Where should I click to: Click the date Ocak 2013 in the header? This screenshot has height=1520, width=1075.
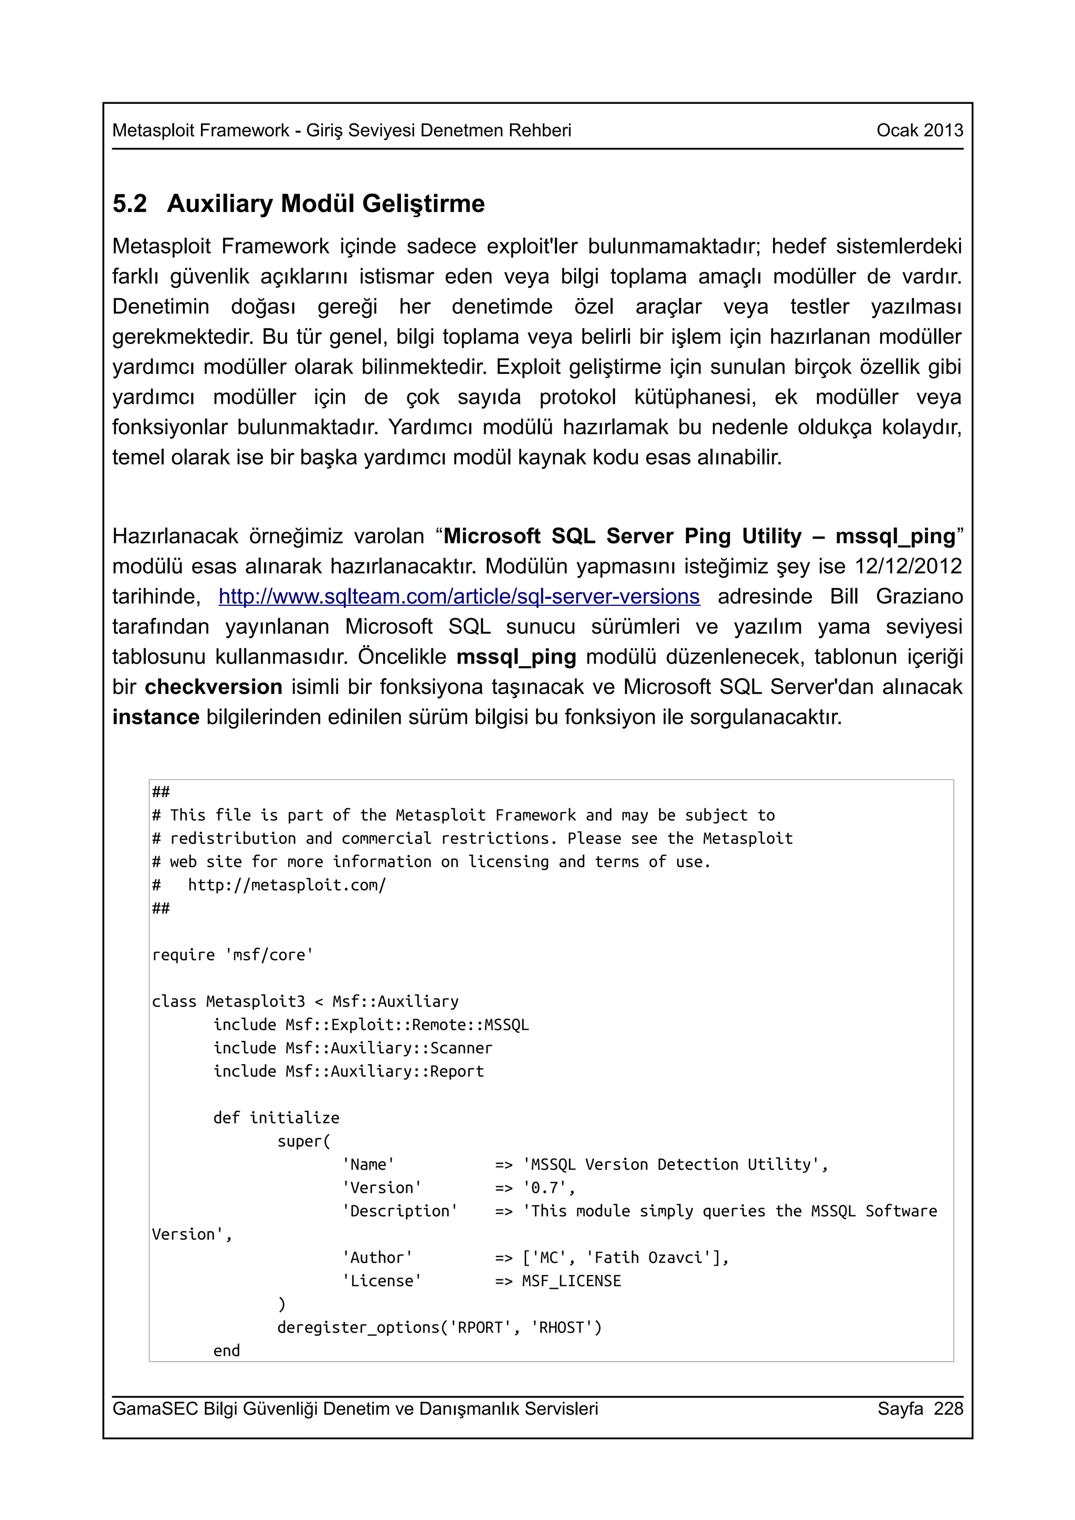(919, 131)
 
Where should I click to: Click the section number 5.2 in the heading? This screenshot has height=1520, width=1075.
(130, 203)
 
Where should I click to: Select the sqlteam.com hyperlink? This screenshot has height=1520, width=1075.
(459, 596)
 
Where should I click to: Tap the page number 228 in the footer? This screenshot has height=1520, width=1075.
(948, 1408)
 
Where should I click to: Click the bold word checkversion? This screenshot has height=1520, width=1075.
(213, 687)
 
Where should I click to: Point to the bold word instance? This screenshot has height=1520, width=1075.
(156, 717)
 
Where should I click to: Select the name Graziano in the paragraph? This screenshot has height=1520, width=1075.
(919, 596)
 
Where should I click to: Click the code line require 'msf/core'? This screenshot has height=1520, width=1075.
(233, 955)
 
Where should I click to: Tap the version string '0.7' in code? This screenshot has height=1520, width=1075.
(549, 1187)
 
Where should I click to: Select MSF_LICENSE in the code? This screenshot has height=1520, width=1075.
(572, 1280)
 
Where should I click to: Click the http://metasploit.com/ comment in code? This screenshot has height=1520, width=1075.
(287, 885)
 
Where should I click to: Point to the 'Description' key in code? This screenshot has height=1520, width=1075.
(399, 1211)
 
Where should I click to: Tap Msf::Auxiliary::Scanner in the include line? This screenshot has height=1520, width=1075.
(389, 1048)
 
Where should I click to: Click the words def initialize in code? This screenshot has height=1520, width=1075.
(276, 1118)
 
